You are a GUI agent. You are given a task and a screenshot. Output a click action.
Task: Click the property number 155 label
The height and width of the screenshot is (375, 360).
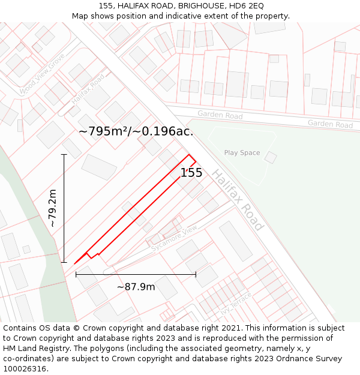point(191,173)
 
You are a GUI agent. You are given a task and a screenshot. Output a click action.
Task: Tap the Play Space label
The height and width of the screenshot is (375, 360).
point(242,153)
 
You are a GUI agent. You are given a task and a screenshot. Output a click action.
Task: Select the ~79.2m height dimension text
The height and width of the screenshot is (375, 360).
point(52,208)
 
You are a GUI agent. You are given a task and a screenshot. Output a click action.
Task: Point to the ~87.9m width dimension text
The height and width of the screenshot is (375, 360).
point(136,287)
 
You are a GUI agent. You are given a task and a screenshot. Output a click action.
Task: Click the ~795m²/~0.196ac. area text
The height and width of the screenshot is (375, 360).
point(136,131)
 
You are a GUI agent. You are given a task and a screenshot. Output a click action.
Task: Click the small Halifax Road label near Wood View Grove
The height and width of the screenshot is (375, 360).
point(88,89)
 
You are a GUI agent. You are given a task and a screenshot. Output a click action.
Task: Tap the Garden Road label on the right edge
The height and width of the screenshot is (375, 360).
point(330,124)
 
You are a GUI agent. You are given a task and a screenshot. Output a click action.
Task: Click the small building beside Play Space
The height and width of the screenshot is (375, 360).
point(271,158)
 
